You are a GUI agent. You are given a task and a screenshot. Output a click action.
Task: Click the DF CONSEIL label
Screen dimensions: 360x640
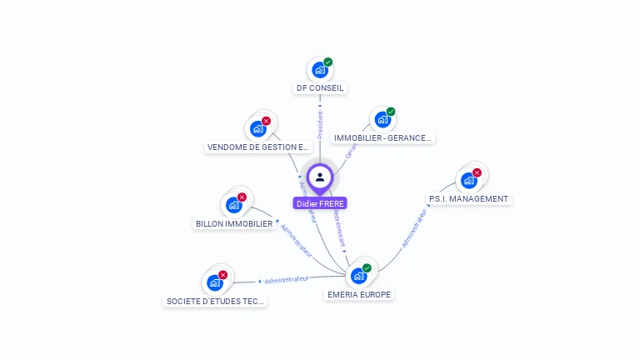coord(320,87)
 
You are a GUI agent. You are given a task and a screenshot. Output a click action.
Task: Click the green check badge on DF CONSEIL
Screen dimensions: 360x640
coord(328,62)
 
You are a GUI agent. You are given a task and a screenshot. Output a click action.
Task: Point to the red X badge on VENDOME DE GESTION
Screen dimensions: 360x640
coord(266,121)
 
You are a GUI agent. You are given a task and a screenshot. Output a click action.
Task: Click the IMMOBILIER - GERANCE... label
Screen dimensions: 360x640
coord(382,137)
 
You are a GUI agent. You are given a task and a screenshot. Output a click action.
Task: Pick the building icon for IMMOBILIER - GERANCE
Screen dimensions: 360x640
coord(382,120)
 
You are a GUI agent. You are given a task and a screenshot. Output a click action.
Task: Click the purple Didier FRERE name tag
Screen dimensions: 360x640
coord(319,203)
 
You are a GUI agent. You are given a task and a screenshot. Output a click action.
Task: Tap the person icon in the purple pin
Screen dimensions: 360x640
coord(320,177)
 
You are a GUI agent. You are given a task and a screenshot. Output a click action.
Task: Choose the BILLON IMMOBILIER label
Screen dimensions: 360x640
coord(234,223)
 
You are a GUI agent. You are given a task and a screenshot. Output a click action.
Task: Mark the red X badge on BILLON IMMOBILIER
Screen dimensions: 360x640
coord(242,197)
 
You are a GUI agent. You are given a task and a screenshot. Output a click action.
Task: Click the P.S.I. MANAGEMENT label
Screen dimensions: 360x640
coord(467,199)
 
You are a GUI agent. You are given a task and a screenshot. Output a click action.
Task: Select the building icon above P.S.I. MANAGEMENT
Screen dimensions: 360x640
coord(467,181)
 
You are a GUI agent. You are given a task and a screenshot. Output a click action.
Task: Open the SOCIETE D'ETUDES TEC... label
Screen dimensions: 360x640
coord(215,301)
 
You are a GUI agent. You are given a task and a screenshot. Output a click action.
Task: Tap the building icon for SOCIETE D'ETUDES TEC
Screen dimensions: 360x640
coord(214,282)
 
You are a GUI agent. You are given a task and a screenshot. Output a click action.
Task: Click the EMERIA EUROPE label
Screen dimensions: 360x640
coord(358,294)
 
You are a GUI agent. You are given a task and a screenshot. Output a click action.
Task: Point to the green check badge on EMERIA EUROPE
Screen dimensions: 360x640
coord(367,268)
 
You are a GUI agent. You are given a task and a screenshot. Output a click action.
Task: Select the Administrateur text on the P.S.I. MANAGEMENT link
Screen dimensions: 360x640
coord(414,228)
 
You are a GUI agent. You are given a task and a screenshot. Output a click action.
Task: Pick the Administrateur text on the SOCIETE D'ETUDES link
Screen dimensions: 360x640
coord(287,279)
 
